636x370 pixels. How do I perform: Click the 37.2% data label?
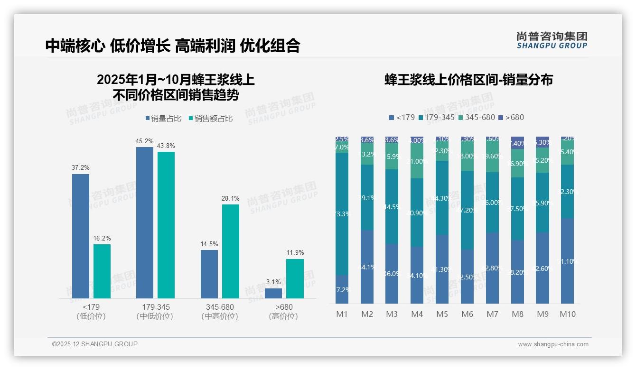click(x=81, y=168)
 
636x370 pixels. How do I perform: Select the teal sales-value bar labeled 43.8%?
click(x=166, y=224)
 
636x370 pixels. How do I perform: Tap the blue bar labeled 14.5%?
click(x=209, y=274)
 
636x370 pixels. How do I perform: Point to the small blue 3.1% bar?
click(x=273, y=293)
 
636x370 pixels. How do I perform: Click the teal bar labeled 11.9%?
click(x=295, y=278)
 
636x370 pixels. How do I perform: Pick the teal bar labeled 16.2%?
click(x=102, y=271)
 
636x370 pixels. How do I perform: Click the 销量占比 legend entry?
click(x=163, y=119)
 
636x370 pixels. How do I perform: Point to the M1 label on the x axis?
click(x=342, y=314)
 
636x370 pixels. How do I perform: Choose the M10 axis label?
click(x=567, y=314)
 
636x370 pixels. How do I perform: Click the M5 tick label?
click(x=442, y=314)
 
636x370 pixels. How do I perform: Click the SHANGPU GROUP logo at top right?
click(x=552, y=40)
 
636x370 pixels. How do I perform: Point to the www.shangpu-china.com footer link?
click(x=553, y=344)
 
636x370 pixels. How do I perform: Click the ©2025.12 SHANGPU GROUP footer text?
click(x=95, y=344)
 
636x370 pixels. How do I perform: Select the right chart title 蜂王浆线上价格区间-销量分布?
click(x=468, y=80)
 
